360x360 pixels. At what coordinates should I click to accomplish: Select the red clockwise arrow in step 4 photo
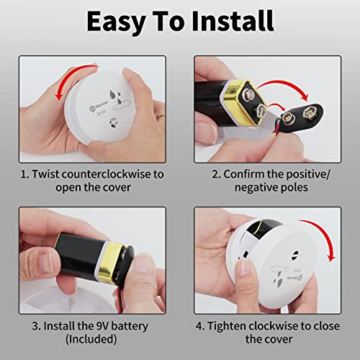(x=326, y=252)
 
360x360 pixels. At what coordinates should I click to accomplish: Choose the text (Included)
(x=90, y=340)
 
